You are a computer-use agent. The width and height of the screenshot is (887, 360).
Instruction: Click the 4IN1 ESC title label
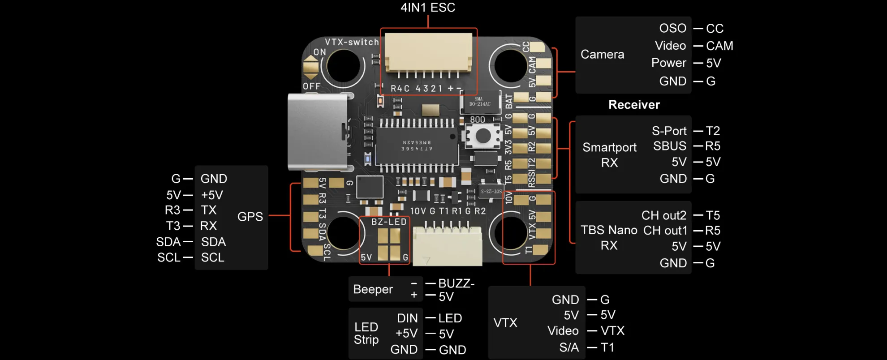[x=427, y=8]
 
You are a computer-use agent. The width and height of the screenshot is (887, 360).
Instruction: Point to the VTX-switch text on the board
[x=352, y=42]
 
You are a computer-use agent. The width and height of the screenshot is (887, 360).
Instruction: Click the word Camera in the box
[x=602, y=55]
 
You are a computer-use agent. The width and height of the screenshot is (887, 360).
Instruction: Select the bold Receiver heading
[x=634, y=105]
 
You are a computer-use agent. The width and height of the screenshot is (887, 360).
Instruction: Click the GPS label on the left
[x=250, y=217]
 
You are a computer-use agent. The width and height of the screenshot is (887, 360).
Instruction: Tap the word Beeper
[x=373, y=289]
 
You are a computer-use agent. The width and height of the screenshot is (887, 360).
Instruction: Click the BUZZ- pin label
[x=456, y=283]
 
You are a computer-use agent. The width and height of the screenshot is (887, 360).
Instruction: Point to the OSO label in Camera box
[x=672, y=28]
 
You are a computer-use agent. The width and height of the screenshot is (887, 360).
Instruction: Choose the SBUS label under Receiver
[x=669, y=146]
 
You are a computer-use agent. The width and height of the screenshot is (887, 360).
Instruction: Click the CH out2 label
[x=663, y=215]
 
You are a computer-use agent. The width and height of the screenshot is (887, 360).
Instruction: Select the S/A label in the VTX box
[x=569, y=347]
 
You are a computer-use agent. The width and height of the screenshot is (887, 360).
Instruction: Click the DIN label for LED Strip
[x=407, y=318]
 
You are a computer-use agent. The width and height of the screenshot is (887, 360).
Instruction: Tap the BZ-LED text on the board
[x=388, y=222]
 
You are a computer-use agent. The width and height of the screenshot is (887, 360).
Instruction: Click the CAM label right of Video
[x=719, y=46]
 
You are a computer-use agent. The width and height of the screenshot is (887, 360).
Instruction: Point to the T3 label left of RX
[x=173, y=226]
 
